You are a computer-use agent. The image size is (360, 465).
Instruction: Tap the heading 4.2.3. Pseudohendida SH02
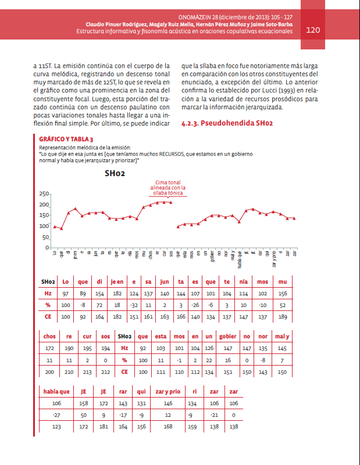[227, 124]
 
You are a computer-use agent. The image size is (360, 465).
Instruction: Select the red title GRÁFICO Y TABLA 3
[66, 140]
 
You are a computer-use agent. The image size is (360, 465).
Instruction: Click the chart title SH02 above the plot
[115, 173]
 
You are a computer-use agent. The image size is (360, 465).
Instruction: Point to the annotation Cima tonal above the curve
[167, 183]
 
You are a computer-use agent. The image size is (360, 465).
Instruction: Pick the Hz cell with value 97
[66, 294]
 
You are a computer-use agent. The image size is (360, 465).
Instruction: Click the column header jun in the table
[165, 282]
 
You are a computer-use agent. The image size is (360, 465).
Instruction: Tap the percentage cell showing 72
[99, 305]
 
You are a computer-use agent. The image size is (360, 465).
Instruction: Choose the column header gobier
[227, 336]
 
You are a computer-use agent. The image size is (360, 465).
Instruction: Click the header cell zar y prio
[168, 391]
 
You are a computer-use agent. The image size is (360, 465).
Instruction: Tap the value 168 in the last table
[168, 427]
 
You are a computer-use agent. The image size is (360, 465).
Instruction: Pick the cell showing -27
[56, 415]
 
